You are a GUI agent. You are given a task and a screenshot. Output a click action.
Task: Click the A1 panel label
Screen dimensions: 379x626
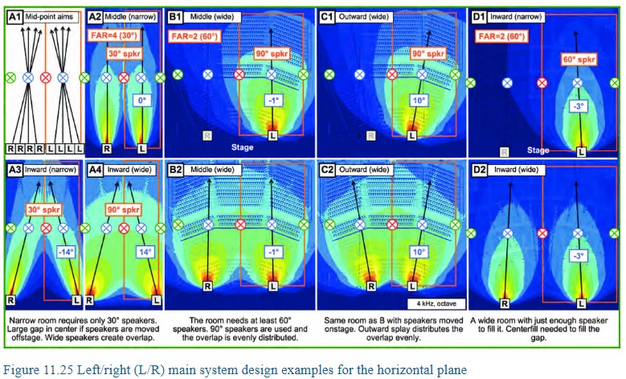[x=14, y=15]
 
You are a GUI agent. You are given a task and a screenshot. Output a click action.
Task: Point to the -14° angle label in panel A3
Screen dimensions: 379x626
[x=66, y=250]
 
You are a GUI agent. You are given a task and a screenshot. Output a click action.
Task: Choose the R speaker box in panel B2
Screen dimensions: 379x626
[x=207, y=286]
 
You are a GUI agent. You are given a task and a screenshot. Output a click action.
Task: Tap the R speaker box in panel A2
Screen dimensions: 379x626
[x=107, y=149]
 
